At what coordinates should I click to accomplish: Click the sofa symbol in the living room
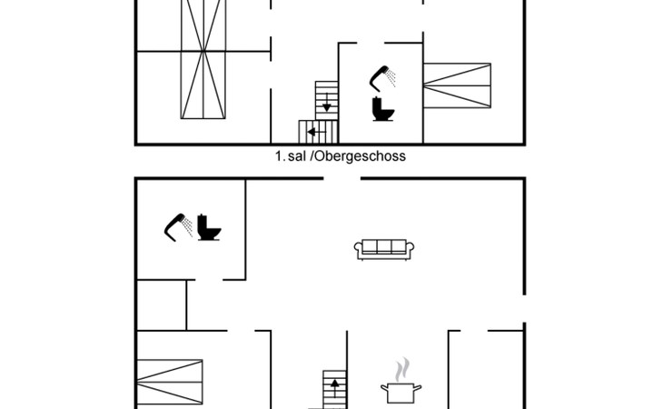pyautogui.click(x=384, y=249)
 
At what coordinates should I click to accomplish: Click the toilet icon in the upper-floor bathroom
pyautogui.click(x=383, y=109)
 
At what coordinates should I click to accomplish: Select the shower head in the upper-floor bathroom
pyautogui.click(x=382, y=79)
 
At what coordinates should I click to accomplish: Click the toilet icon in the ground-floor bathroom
pyautogui.click(x=209, y=228)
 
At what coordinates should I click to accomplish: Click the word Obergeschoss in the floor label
pyautogui.click(x=361, y=156)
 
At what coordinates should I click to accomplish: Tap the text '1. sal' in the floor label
pyautogui.click(x=291, y=156)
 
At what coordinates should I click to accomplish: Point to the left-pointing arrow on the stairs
pyautogui.click(x=316, y=133)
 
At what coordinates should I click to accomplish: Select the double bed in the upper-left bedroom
pyautogui.click(x=203, y=59)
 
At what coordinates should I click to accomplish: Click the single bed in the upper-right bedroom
pyautogui.click(x=457, y=85)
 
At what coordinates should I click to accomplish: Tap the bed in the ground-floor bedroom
pyautogui.click(x=170, y=382)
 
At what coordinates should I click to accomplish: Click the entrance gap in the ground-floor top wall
pyautogui.click(x=342, y=179)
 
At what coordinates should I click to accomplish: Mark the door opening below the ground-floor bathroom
pyautogui.click(x=209, y=280)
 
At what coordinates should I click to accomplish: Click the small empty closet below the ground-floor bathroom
pyautogui.click(x=162, y=305)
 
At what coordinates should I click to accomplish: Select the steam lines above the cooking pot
pyautogui.click(x=402, y=369)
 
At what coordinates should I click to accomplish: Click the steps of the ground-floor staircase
pyautogui.click(x=334, y=390)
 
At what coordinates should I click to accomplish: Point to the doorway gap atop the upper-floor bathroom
pyautogui.click(x=371, y=43)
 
